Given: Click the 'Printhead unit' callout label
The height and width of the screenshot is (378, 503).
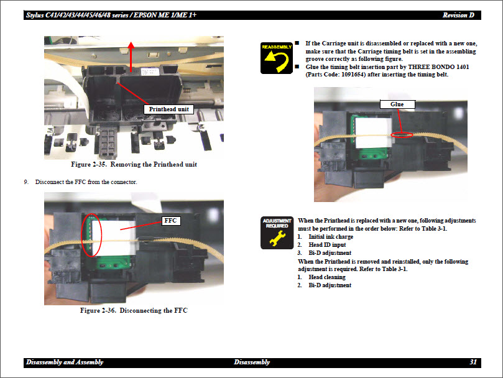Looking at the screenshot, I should click(168, 109).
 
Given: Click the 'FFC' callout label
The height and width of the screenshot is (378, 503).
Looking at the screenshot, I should click(171, 220).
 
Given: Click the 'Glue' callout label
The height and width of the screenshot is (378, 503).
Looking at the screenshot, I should click(397, 104).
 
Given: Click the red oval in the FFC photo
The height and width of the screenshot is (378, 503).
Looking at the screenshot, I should click(91, 235).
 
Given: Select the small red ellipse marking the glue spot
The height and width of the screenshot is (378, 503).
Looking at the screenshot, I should click(401, 133).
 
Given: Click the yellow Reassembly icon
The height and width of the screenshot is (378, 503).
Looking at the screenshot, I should click(276, 57).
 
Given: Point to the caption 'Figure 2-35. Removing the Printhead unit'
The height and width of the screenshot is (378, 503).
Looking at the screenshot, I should click(134, 165).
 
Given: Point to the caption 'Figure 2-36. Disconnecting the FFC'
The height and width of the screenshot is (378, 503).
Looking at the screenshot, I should click(134, 310).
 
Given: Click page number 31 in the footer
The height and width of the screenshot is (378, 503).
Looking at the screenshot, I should click(473, 362).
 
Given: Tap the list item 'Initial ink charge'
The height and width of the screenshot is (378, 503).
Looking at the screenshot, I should click(331, 237).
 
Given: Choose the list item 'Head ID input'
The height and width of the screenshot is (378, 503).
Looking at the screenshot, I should click(327, 245).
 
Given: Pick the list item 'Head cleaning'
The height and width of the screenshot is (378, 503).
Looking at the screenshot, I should click(327, 277).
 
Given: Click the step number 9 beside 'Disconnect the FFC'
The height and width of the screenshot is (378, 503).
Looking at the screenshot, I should click(26, 182).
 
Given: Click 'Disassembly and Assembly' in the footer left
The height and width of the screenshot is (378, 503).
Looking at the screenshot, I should click(65, 362).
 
